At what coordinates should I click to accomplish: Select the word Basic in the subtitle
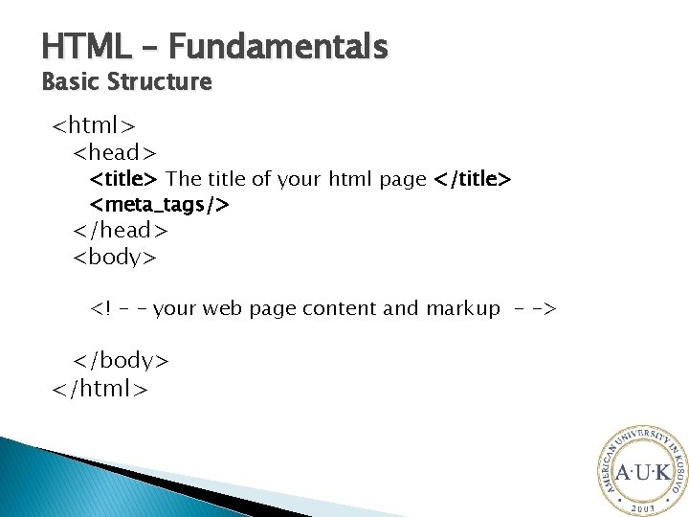(x=69, y=82)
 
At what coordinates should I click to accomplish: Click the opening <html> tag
(x=93, y=125)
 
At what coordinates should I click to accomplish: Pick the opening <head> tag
(x=115, y=151)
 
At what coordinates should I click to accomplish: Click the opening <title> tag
(x=124, y=179)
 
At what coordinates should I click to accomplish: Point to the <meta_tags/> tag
(x=160, y=204)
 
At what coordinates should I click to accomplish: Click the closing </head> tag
(x=121, y=230)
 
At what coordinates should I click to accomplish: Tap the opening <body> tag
(x=115, y=256)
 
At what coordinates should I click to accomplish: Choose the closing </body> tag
(x=121, y=360)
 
